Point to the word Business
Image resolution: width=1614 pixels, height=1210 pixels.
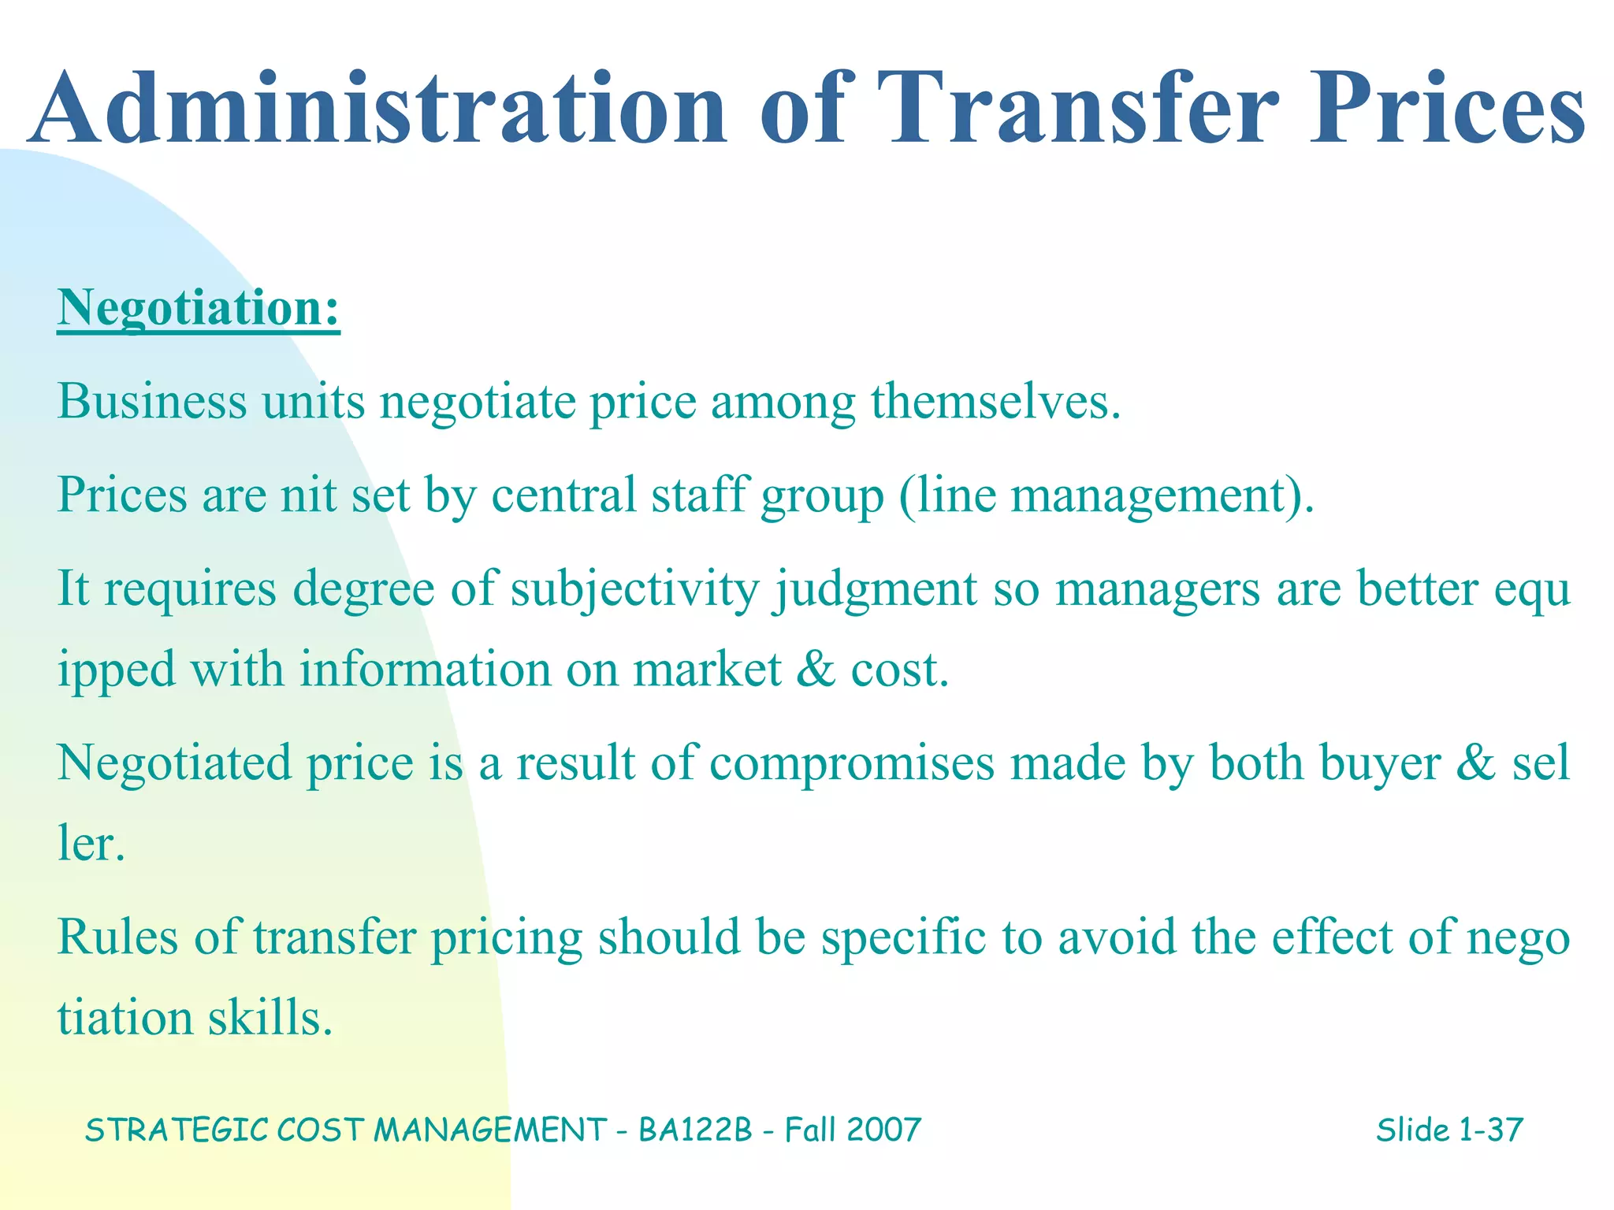point(152,401)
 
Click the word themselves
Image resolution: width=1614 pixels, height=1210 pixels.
point(995,401)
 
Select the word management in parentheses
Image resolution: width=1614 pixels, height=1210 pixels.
point(1155,496)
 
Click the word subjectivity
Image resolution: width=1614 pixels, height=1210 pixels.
point(634,589)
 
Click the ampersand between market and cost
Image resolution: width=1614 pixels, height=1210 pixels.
point(815,670)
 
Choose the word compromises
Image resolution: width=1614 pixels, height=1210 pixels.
point(852,764)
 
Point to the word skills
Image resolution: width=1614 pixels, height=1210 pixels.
point(270,1018)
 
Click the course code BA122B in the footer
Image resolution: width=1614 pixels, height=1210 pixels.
point(696,1130)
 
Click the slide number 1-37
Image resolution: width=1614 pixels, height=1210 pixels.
point(1490,1130)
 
